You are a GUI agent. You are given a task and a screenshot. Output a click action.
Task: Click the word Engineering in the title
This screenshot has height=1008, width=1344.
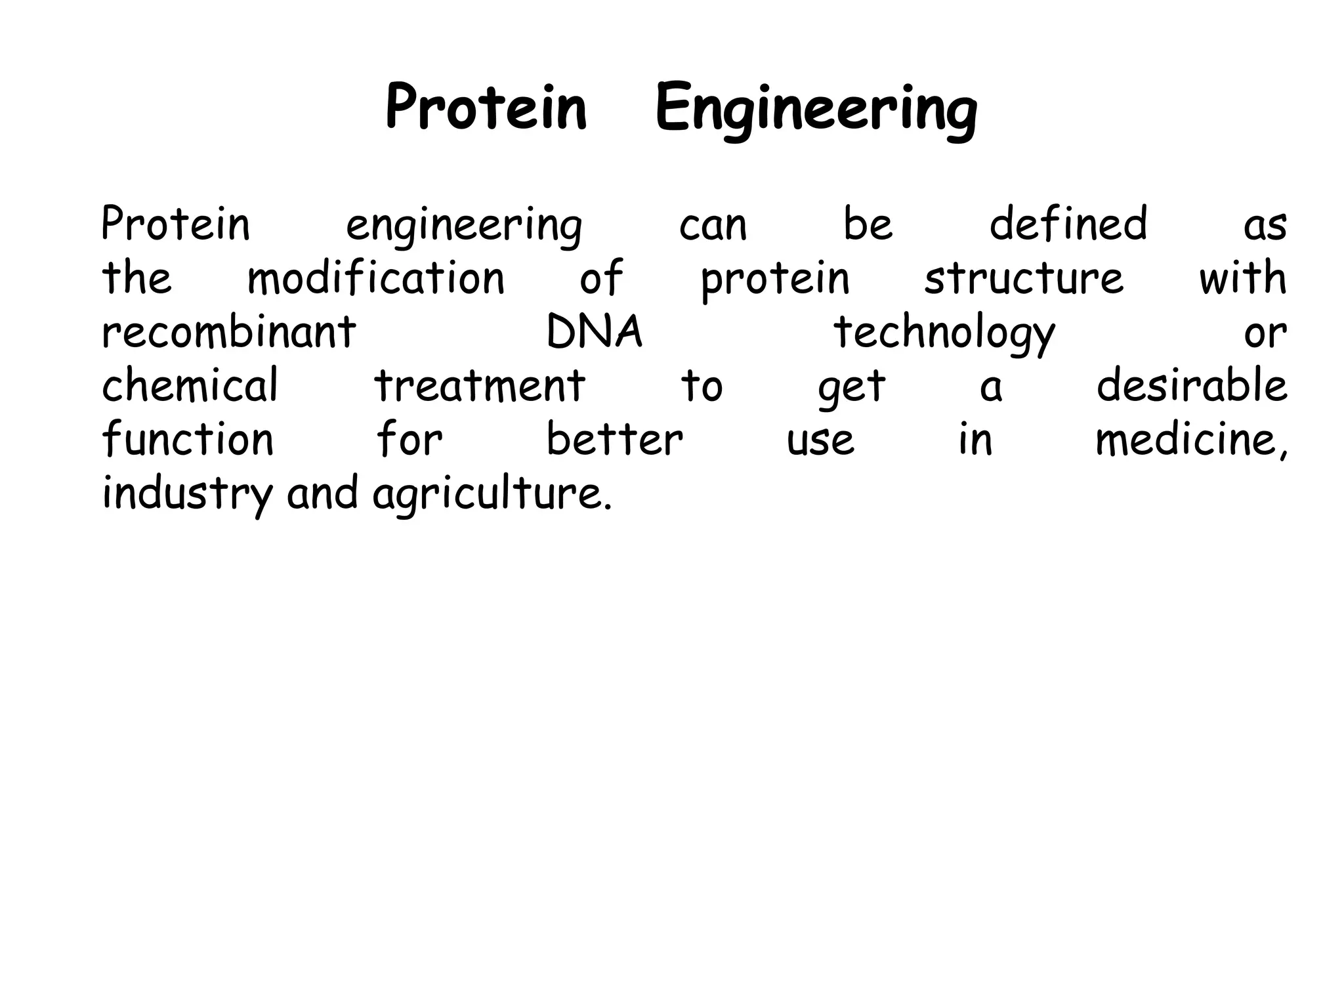(816, 109)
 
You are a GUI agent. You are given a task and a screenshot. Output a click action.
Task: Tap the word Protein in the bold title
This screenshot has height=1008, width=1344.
(486, 108)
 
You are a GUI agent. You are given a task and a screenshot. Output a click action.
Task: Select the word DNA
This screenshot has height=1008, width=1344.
(594, 331)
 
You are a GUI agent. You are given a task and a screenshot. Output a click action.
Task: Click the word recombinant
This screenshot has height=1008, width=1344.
(229, 331)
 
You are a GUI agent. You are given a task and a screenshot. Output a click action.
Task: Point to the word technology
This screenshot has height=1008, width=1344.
(944, 333)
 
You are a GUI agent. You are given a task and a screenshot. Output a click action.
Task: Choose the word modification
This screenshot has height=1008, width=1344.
(376, 278)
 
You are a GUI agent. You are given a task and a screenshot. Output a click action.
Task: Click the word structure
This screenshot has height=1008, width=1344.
(1024, 278)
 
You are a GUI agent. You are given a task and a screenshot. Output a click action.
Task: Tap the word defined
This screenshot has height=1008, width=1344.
(1068, 224)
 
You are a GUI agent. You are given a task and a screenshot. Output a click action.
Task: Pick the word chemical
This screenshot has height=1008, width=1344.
(190, 385)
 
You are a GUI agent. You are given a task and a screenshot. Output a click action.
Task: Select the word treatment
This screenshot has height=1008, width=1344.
(480, 386)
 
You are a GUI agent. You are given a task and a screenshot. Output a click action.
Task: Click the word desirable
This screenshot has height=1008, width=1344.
(1192, 385)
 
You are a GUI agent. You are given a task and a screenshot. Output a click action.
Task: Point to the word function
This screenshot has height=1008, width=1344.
(188, 439)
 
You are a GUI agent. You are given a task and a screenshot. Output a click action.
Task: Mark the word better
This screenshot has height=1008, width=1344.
(615, 439)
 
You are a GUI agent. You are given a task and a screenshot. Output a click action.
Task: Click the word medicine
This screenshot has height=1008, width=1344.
(1190, 440)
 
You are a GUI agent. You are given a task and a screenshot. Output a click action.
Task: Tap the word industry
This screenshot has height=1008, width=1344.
(188, 493)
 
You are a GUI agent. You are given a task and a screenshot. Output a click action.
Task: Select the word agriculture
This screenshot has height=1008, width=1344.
(492, 494)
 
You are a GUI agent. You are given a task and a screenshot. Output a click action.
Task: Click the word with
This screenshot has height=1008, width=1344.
(1242, 278)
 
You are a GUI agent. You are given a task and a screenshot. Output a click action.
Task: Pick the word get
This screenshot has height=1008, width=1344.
(851, 387)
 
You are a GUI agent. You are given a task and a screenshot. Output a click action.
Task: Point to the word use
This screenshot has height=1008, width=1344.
(820, 440)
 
